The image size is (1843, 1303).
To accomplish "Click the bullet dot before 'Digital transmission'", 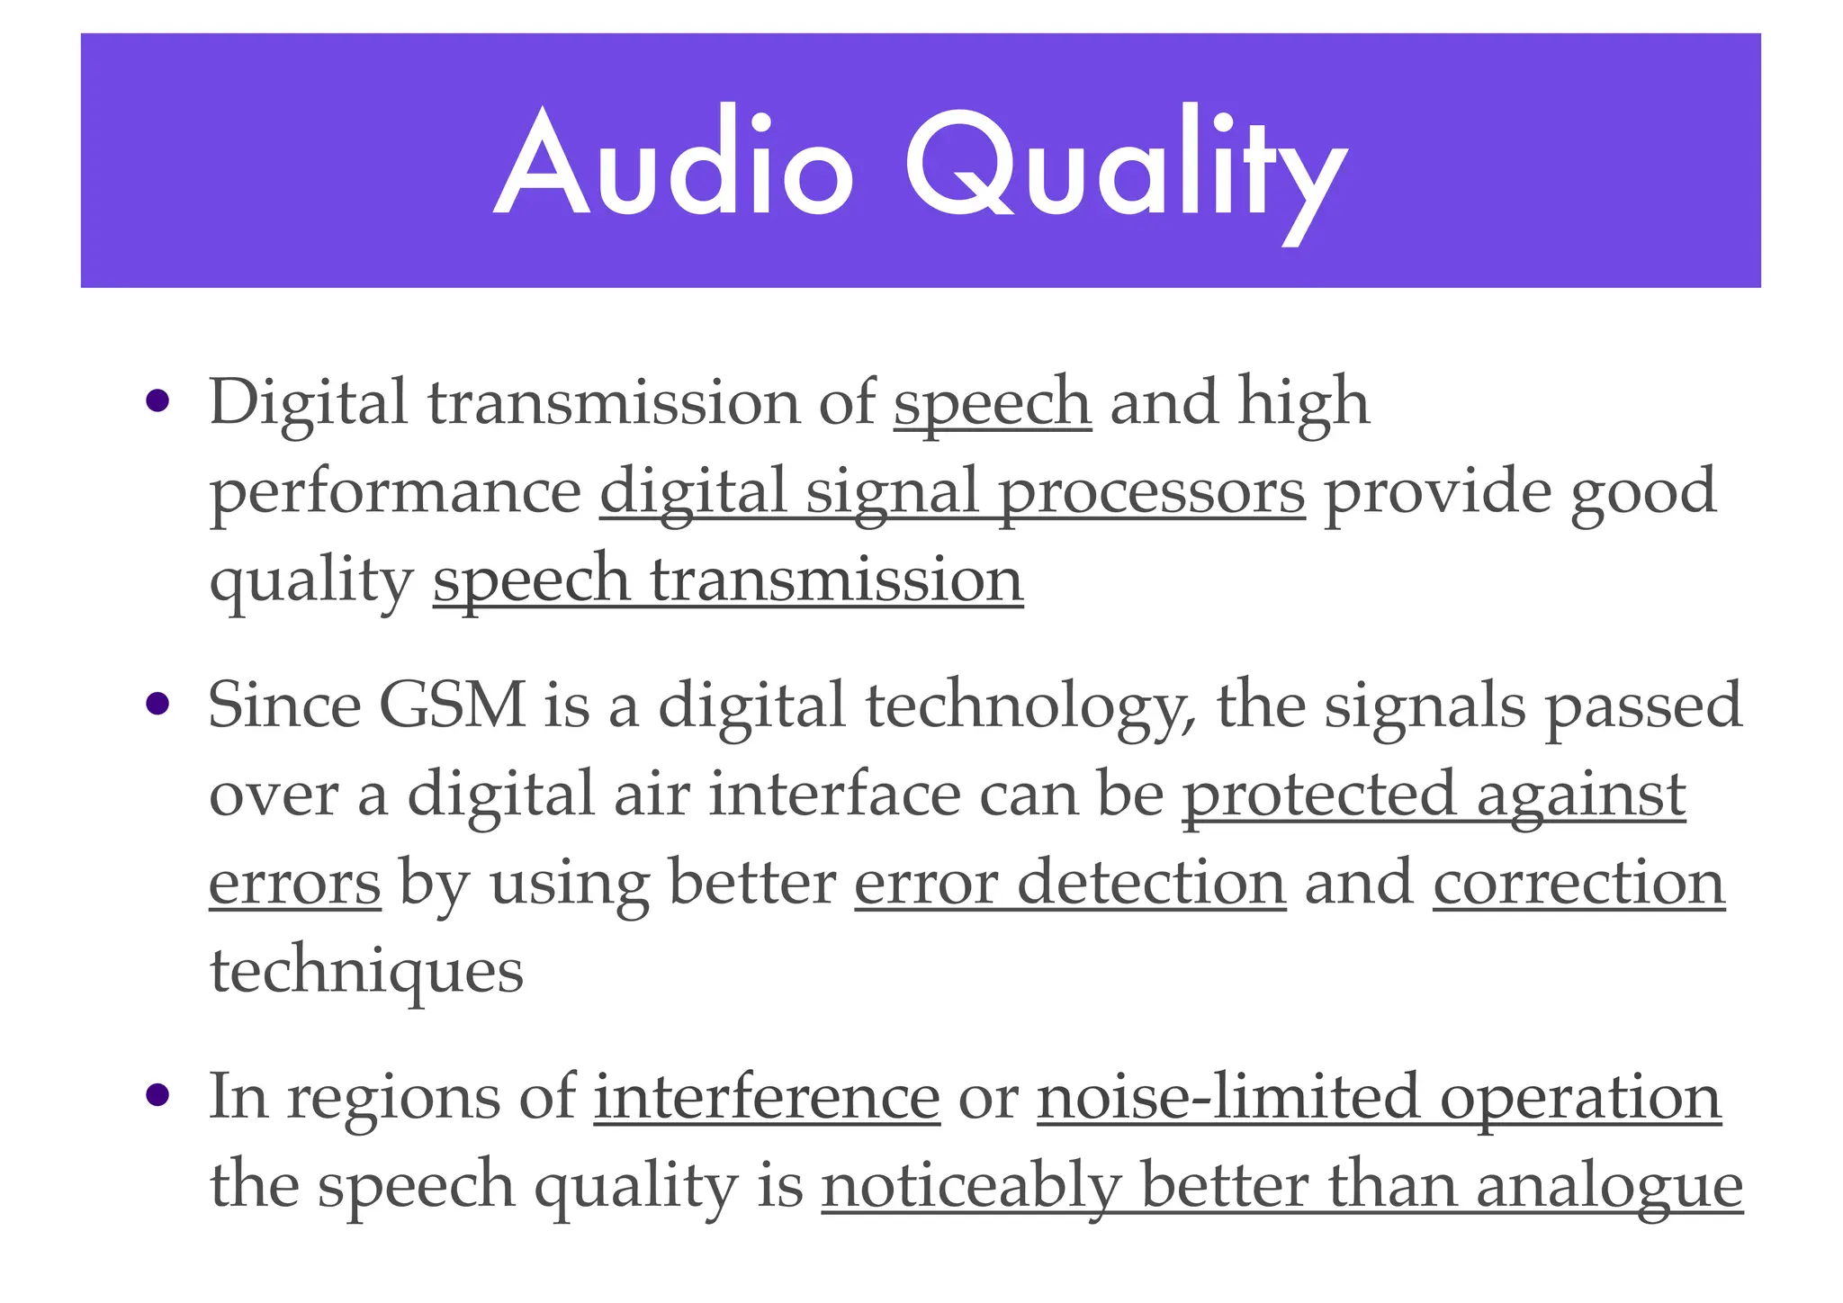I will point(157,400).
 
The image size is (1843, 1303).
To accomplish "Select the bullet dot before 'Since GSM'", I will point(157,704).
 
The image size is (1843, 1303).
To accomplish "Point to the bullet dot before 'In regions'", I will point(157,1095).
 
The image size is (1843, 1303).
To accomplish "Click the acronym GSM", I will point(452,705).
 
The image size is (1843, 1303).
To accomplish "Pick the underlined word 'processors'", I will point(1151,493).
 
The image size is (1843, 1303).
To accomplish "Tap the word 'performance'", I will point(395,493).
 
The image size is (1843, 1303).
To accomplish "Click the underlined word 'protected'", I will point(1318,794).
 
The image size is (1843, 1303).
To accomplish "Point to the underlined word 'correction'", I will point(1578,883).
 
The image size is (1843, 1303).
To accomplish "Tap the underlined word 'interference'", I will point(767,1097).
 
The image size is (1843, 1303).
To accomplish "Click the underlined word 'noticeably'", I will point(971,1186).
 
